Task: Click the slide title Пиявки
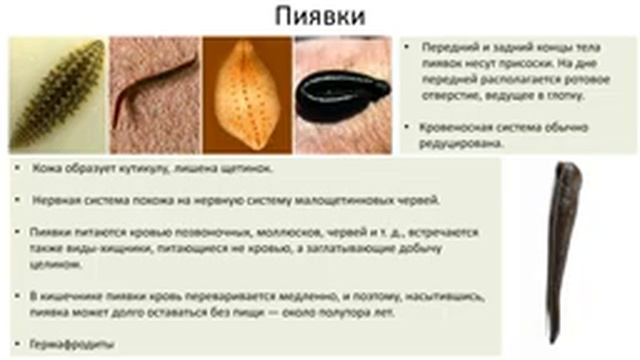click(320, 18)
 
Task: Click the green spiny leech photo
click(57, 94)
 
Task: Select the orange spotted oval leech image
click(247, 94)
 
